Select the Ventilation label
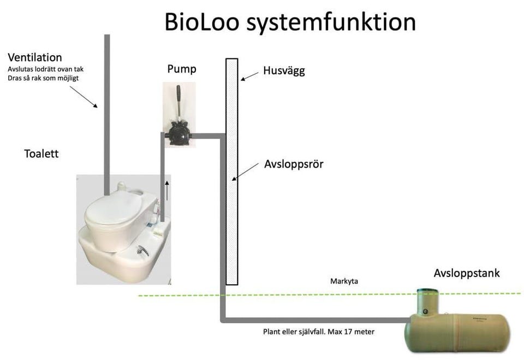pos(35,57)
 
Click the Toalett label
pos(41,154)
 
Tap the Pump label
pos(181,69)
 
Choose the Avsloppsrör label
pos(294,163)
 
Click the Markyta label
pos(344,281)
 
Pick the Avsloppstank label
pos(467,273)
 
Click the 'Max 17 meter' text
pos(354,332)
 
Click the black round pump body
pos(179,134)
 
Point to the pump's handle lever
pos(177,104)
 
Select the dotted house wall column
pos(231,172)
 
